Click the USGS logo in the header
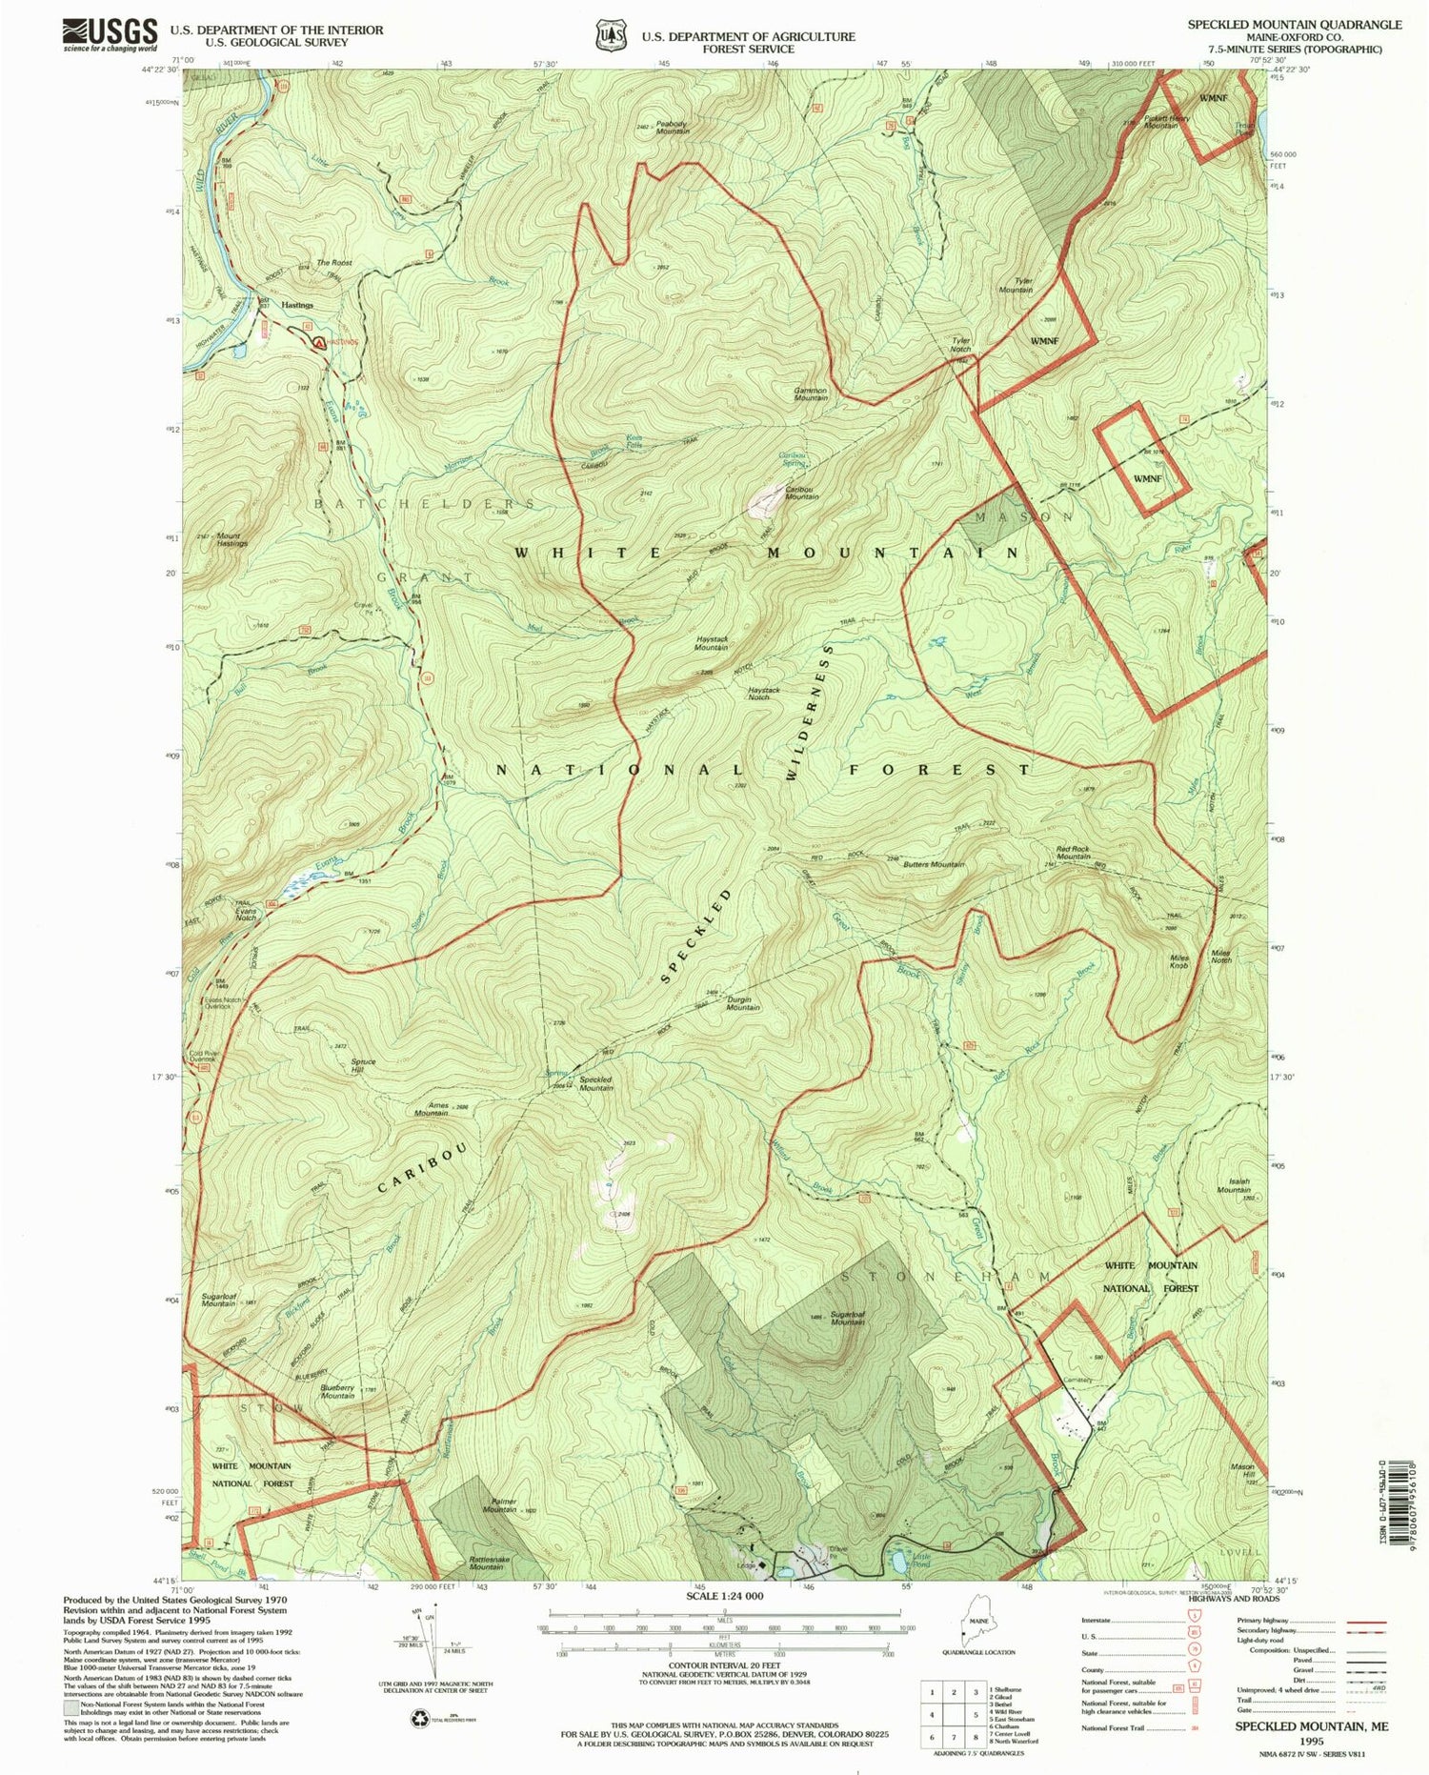pyautogui.click(x=110, y=35)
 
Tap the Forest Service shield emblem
pyautogui.click(x=610, y=35)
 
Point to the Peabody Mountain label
pyautogui.click(x=673, y=127)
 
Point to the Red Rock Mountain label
pyautogui.click(x=1073, y=852)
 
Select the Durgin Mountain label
pyautogui.click(x=743, y=1003)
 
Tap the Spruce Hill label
pyautogui.click(x=364, y=1065)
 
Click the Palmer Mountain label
pyautogui.click(x=500, y=1506)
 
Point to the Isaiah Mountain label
pyautogui.click(x=1234, y=1185)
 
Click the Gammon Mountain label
pyautogui.click(x=811, y=393)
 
